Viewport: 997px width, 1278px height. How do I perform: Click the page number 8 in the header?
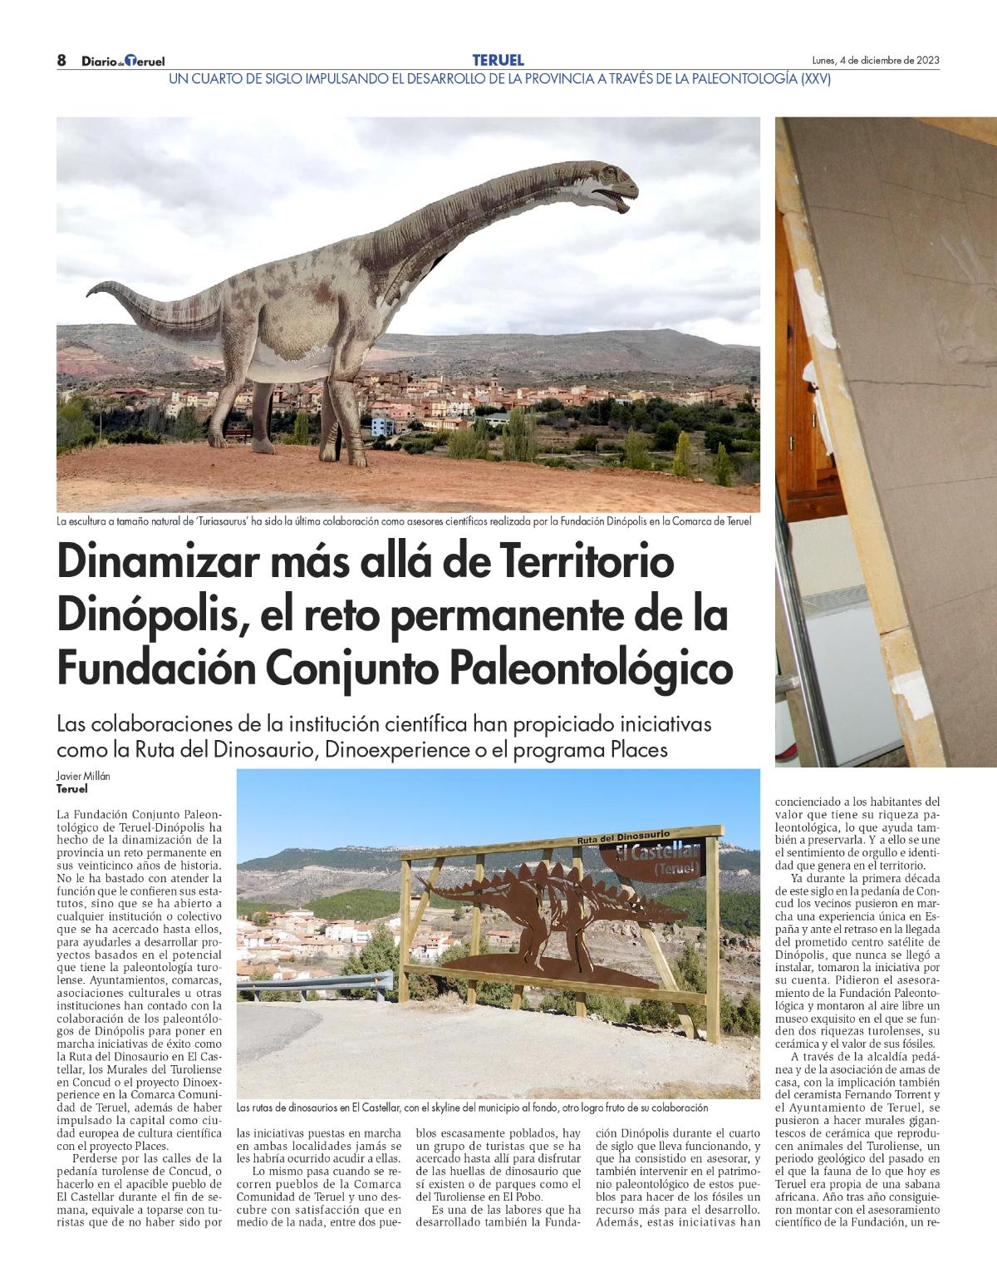point(61,60)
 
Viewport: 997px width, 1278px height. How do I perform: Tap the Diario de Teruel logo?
point(123,61)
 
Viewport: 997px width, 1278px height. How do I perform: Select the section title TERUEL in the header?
point(498,60)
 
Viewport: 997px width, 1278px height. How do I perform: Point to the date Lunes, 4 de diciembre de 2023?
point(875,61)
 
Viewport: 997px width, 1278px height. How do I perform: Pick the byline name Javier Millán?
point(84,776)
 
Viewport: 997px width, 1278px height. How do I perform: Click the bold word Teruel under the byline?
point(72,789)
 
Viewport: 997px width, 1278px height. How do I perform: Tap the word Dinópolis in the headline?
point(149,615)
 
